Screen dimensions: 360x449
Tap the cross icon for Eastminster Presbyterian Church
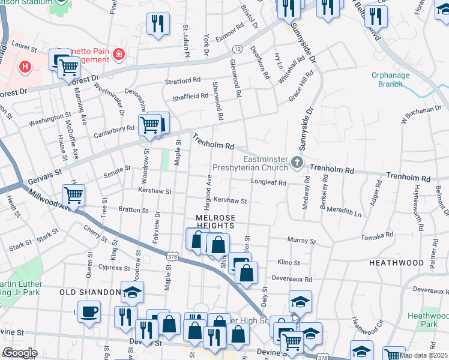click(x=297, y=163)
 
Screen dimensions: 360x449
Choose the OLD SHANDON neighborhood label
click(x=90, y=292)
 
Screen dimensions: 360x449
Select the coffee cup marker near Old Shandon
click(x=89, y=311)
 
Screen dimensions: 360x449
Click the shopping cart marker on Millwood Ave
click(x=73, y=194)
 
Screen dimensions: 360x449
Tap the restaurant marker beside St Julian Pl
click(x=158, y=23)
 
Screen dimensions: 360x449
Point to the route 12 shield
click(x=238, y=48)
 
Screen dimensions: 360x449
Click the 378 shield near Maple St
click(x=172, y=256)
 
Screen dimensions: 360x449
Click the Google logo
click(x=19, y=352)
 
